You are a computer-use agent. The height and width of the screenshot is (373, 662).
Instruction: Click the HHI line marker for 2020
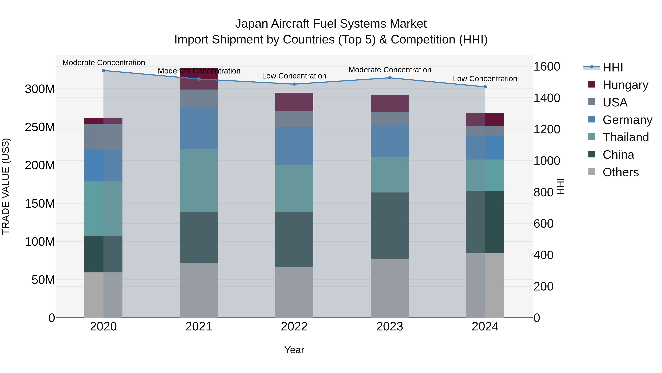[103, 70]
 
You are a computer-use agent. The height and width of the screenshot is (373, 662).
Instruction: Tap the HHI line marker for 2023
[390, 78]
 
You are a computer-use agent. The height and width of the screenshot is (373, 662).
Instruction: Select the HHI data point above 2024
[485, 87]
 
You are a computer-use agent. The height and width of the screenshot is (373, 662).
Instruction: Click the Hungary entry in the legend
[625, 85]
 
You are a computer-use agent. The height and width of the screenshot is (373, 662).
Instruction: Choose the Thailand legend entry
[626, 137]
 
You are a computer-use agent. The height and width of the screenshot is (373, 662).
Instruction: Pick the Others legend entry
[620, 172]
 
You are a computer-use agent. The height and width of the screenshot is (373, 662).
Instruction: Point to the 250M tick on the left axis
[40, 127]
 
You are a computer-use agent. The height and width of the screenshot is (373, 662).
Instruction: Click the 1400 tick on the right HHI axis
[547, 98]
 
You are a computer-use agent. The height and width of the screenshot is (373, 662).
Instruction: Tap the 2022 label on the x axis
[294, 327]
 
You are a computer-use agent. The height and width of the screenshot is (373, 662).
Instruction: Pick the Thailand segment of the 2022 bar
[294, 188]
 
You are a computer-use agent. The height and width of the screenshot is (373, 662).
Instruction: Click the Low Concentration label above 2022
[294, 76]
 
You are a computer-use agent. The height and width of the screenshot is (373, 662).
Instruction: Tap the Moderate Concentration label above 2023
[390, 70]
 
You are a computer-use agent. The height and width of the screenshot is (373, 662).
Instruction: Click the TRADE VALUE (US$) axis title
[6, 186]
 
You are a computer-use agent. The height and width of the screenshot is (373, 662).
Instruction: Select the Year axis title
[294, 350]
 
